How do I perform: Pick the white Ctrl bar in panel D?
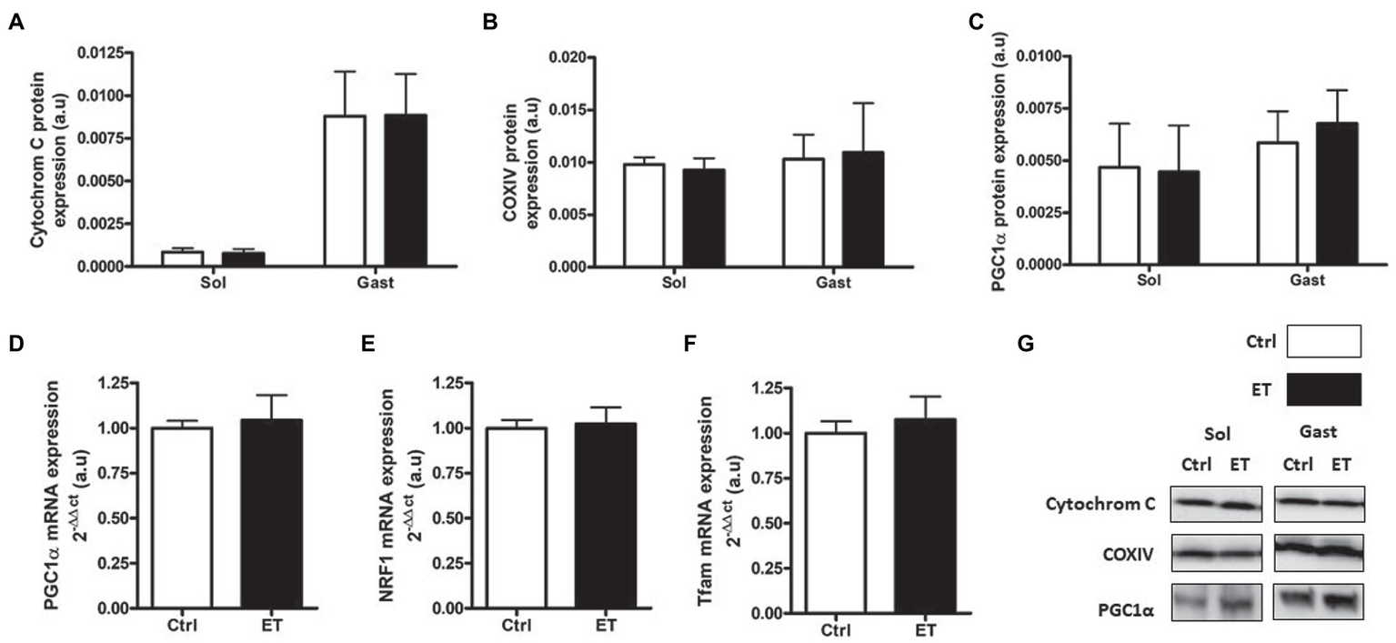183,517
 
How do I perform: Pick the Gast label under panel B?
832,283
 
